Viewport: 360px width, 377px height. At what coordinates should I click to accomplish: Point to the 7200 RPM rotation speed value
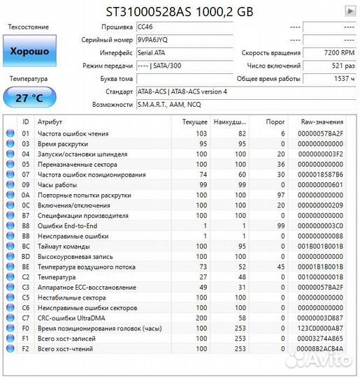(340, 53)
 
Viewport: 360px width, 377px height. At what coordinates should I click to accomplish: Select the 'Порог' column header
(275, 121)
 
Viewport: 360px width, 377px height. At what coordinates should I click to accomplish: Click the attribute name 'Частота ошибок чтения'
(73, 133)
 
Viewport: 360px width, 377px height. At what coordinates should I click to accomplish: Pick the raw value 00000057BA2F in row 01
(320, 133)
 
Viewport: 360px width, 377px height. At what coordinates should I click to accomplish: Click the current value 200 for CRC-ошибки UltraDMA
(201, 317)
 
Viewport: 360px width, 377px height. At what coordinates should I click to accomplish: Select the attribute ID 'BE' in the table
(26, 267)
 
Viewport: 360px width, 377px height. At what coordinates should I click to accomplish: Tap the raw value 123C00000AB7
(320, 327)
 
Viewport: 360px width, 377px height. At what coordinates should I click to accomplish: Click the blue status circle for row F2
(10, 348)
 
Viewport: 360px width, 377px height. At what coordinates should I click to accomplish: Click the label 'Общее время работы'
(270, 79)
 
